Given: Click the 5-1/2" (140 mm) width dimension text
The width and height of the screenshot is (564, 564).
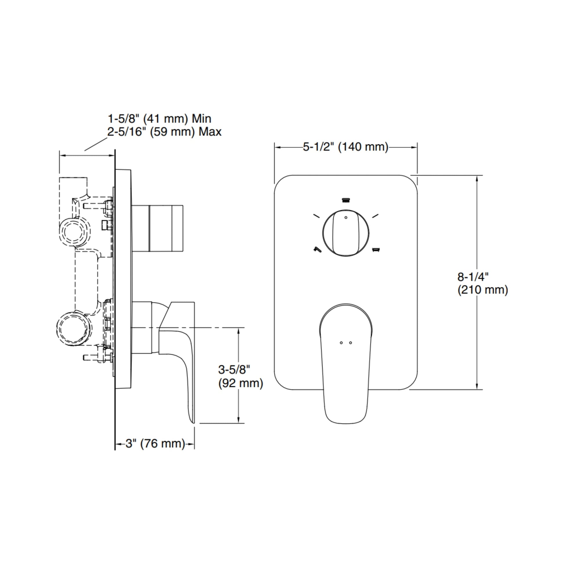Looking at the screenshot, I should point(345,147).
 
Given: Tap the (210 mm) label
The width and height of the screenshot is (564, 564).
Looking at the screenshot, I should point(483,290).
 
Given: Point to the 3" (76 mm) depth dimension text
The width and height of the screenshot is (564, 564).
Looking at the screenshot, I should point(155,444).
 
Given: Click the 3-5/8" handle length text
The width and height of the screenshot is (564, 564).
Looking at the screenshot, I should point(234,370).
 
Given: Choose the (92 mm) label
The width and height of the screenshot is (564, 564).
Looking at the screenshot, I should point(241,383).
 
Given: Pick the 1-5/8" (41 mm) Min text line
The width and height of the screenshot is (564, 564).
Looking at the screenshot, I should point(159,119).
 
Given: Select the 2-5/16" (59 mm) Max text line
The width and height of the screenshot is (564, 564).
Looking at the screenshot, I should point(164,132).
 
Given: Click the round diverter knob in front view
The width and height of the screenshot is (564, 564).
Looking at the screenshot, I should point(346,233).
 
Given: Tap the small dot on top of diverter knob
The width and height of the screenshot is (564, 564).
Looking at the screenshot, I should point(346,217).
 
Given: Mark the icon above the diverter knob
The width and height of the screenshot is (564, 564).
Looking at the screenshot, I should point(346,200).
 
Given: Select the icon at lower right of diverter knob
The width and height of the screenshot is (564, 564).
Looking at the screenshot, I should point(376,250).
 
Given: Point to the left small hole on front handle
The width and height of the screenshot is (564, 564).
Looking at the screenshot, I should point(341,343).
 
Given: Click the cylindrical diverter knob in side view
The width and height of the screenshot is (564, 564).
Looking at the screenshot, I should point(158,228).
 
